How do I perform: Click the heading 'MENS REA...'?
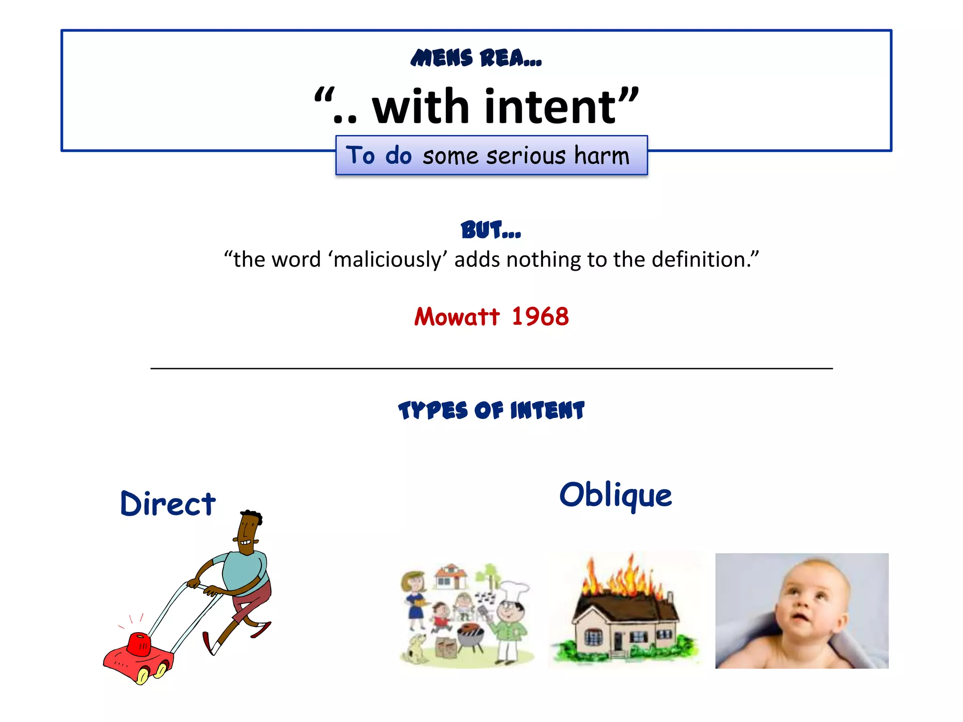(476, 58)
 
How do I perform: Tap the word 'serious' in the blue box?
(526, 156)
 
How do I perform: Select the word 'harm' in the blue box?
(601, 156)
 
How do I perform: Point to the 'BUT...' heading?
(490, 230)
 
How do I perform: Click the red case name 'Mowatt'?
(457, 316)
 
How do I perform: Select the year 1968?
(540, 316)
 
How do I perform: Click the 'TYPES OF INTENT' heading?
(491, 410)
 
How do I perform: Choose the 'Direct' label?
(168, 503)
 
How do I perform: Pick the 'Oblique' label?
(616, 495)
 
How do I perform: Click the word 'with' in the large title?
(420, 107)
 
